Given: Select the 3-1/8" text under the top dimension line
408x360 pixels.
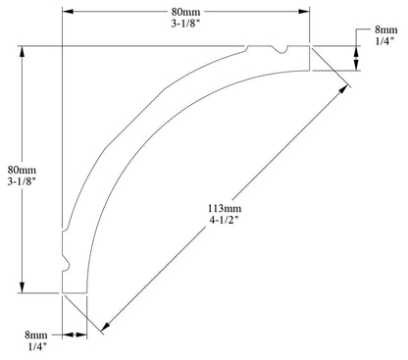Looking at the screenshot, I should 186,27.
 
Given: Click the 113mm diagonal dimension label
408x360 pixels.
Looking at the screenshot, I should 224,209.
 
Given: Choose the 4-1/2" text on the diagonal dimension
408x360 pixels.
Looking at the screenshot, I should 224,224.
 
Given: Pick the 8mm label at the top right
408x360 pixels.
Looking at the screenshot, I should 384,32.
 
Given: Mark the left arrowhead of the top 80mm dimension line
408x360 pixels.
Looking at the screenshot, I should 68,12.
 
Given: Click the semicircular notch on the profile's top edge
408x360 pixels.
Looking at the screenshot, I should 280,49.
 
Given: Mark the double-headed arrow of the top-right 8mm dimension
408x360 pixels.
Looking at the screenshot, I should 355,58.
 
